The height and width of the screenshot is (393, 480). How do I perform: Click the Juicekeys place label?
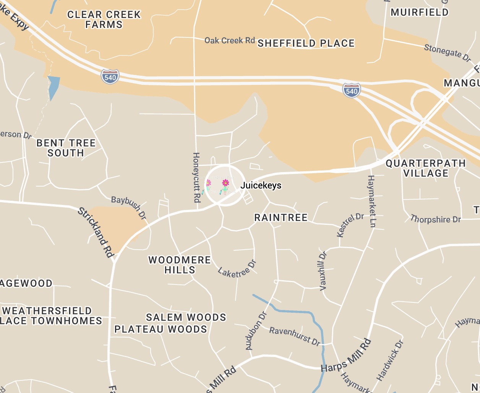coord(261,186)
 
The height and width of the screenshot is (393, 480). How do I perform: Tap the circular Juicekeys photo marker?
coord(225,185)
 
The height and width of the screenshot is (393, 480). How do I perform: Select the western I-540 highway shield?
coord(110,76)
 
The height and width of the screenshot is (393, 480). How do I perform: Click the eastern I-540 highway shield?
coord(351,90)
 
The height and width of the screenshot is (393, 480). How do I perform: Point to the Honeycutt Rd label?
coord(196,177)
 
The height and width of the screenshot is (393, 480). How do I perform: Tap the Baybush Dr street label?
coord(129,208)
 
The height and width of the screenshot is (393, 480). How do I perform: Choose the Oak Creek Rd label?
coord(229,40)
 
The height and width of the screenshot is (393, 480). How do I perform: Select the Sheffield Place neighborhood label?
coord(306,43)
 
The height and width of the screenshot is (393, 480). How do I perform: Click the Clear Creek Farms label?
coord(104,19)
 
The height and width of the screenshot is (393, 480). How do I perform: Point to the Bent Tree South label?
coord(66,148)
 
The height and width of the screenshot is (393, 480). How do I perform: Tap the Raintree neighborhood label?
coord(281,218)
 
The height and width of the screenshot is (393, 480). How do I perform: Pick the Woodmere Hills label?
coord(180,265)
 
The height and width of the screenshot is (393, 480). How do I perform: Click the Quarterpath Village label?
coord(425,168)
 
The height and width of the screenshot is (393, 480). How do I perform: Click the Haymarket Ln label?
coord(371,201)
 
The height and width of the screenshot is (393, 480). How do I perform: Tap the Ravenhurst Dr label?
coord(295,336)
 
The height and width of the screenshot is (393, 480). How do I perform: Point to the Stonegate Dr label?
coord(447,53)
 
